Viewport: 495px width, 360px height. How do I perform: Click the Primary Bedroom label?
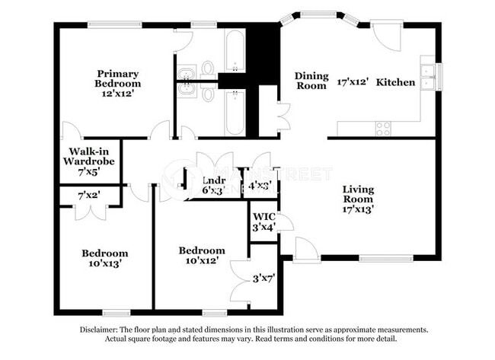117,78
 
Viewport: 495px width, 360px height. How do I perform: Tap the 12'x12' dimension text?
117,94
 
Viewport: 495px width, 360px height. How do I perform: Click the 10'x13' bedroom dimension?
104,264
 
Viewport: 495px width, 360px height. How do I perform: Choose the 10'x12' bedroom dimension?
201,261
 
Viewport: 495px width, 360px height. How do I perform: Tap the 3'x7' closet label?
263,279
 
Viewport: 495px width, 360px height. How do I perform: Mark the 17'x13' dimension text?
357,207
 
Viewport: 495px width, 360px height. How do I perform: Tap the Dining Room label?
311,81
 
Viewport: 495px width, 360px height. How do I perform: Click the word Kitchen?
396,82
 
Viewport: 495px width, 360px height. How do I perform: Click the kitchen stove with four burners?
383,128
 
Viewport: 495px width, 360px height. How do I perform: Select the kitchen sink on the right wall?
429,77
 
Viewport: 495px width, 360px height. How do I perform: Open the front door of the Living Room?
307,249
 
